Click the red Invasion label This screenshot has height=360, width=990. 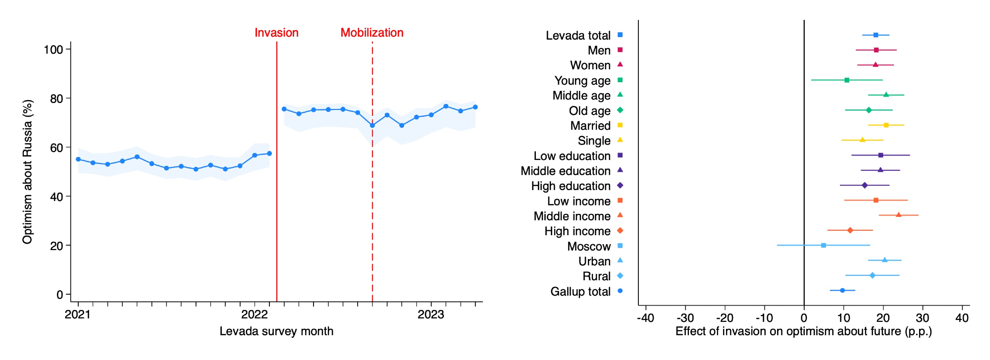click(x=276, y=33)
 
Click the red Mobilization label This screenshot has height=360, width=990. click(x=372, y=33)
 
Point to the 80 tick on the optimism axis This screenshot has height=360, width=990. click(x=56, y=99)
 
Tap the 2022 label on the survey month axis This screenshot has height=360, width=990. click(x=254, y=314)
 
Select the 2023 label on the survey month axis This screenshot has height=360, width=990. click(x=430, y=314)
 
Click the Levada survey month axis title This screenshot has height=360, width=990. click(x=276, y=331)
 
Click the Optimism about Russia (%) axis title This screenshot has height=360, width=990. click(x=28, y=172)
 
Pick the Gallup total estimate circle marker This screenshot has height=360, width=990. click(x=842, y=290)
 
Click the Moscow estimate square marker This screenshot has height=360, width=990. click(x=824, y=245)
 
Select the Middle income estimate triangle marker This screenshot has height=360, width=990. click(x=898, y=215)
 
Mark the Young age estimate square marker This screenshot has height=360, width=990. click(x=847, y=80)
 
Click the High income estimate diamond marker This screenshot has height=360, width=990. click(x=850, y=230)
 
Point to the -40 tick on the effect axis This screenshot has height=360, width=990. click(x=646, y=318)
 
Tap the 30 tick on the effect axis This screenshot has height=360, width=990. click(x=923, y=318)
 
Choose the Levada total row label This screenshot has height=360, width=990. click(x=578, y=36)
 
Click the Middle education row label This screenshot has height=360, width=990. click(x=565, y=171)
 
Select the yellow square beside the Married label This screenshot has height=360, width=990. click(x=620, y=125)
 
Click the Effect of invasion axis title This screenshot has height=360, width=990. click(x=803, y=331)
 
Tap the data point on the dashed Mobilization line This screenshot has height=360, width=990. click(x=372, y=125)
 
